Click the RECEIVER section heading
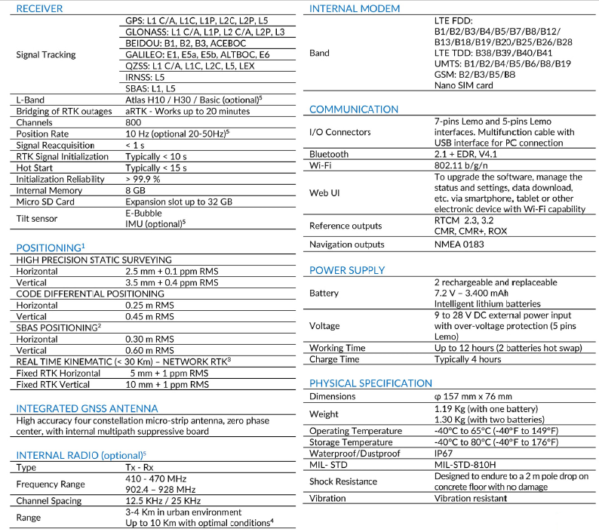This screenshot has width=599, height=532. (x=40, y=9)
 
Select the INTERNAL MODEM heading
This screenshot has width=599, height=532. (x=355, y=9)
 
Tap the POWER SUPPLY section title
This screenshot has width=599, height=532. (x=347, y=270)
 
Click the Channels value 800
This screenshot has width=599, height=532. (x=134, y=122)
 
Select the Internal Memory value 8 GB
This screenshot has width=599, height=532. (x=135, y=190)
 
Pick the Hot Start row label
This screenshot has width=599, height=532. (x=37, y=168)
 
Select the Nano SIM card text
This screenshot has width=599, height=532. (x=463, y=86)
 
